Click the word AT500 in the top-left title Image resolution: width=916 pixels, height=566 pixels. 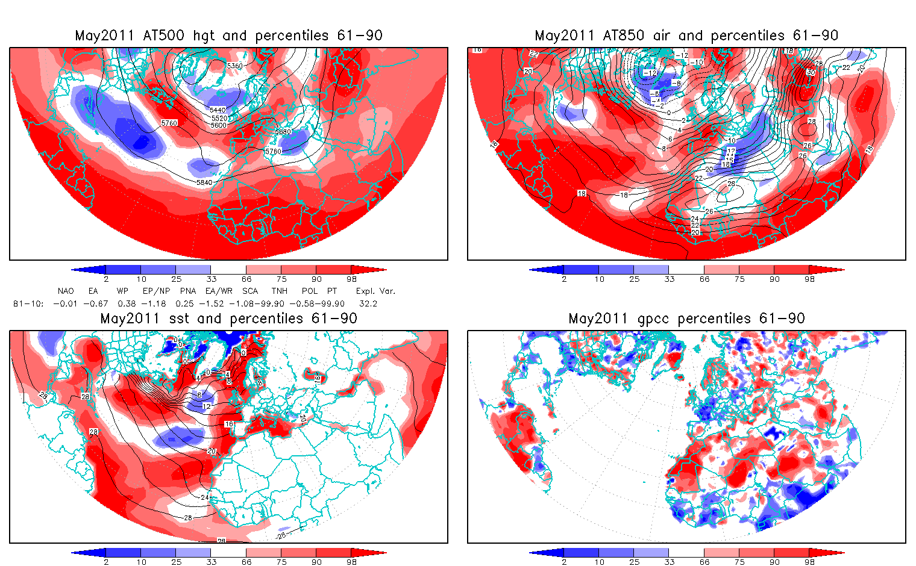[165, 36]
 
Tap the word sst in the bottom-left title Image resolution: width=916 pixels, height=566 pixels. [179, 319]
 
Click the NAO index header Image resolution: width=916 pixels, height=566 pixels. [66, 291]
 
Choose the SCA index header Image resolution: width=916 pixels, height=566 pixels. [250, 291]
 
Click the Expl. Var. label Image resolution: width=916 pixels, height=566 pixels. [375, 291]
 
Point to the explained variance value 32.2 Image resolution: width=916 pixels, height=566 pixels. [368, 303]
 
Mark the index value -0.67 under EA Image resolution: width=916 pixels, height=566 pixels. [95, 303]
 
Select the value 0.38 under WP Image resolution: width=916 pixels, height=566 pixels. [127, 303]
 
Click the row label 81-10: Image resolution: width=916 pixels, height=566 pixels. [28, 303]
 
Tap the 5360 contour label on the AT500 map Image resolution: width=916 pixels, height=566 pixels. [234, 66]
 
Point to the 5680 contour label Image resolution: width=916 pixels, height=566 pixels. [283, 132]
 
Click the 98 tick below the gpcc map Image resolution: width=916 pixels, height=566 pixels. [809, 562]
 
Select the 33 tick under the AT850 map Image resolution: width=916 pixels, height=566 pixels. [669, 279]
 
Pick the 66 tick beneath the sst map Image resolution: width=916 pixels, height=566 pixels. [246, 562]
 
